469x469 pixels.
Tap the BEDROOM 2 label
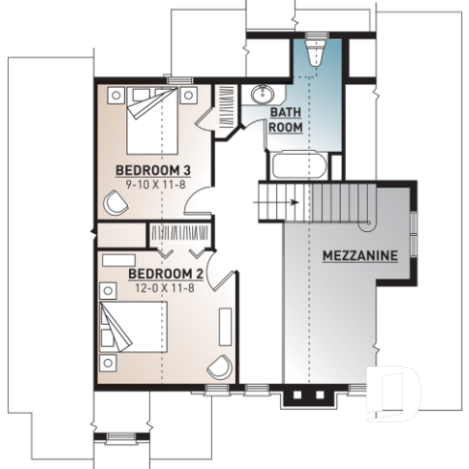[165, 274]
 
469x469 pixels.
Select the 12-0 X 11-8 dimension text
[165, 287]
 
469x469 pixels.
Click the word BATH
[285, 113]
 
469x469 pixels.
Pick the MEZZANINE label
[360, 256]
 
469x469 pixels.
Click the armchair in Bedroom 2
[221, 369]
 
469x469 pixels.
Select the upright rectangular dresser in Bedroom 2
[225, 326]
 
